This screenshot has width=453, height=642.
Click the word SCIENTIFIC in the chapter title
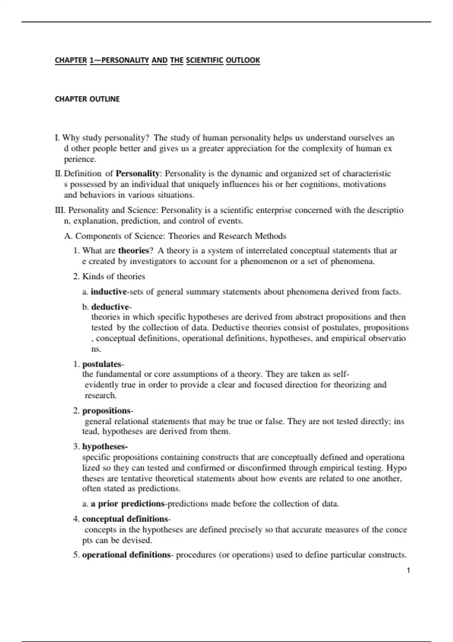tap(205, 60)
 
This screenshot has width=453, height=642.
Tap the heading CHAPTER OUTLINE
tap(87, 99)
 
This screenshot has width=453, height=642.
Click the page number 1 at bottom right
tap(408, 570)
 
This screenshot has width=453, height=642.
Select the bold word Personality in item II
tap(137, 174)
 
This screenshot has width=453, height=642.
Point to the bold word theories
tap(134, 251)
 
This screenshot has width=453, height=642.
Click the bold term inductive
tap(109, 292)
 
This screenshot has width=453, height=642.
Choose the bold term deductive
tap(110, 307)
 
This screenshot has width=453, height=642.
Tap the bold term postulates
tap(102, 364)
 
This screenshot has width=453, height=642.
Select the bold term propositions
tap(106, 411)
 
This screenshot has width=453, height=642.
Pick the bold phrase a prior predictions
tap(128, 504)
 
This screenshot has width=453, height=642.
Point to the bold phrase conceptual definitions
tap(125, 519)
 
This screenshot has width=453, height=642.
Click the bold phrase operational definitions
tap(126, 555)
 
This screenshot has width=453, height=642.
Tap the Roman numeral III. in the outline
tap(60, 210)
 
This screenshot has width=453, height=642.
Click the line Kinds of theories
tap(113, 277)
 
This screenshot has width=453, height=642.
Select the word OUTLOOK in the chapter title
tap(243, 60)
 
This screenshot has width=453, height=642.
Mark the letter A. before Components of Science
tap(68, 236)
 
